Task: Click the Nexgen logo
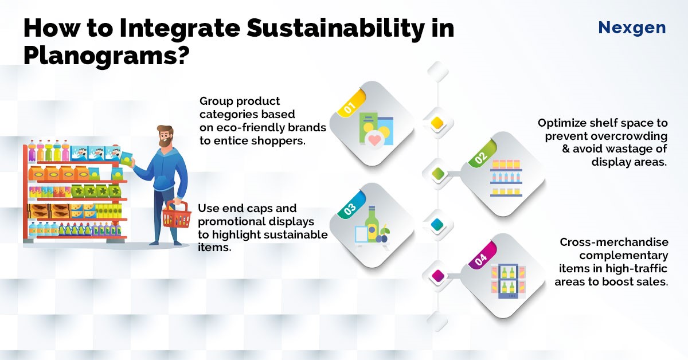(632, 28)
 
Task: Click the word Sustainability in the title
(335, 28)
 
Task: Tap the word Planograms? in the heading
(105, 55)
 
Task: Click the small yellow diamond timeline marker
(437, 123)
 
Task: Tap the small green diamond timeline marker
(437, 174)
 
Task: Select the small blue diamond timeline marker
(437, 225)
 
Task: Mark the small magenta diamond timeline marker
(437, 276)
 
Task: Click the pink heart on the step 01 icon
(375, 140)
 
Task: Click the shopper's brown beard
(166, 140)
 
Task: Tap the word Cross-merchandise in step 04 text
(614, 242)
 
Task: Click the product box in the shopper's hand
(126, 158)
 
